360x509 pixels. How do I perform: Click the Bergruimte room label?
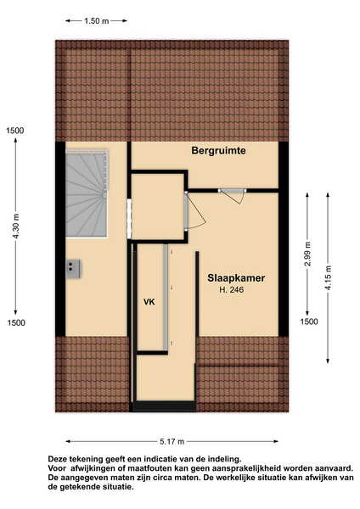(x=218, y=151)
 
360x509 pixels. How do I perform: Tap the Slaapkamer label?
(x=236, y=278)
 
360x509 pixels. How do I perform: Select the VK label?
(x=149, y=302)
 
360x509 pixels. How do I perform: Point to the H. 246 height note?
(x=232, y=290)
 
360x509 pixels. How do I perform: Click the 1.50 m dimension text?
(x=97, y=21)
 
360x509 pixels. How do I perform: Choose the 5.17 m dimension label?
(x=172, y=441)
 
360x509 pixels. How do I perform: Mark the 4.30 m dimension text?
(x=16, y=227)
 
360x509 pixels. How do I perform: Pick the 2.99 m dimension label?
(x=307, y=254)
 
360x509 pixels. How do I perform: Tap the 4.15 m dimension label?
(x=328, y=278)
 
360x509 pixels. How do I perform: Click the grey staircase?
(x=87, y=193)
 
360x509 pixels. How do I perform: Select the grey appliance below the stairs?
(x=73, y=268)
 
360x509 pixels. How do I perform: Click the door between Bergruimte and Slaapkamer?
(x=232, y=195)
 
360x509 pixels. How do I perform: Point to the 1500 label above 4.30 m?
(x=15, y=131)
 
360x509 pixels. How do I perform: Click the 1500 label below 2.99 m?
(x=309, y=322)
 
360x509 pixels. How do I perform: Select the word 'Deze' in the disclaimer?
(x=58, y=459)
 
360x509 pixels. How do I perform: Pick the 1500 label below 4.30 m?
(x=16, y=322)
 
